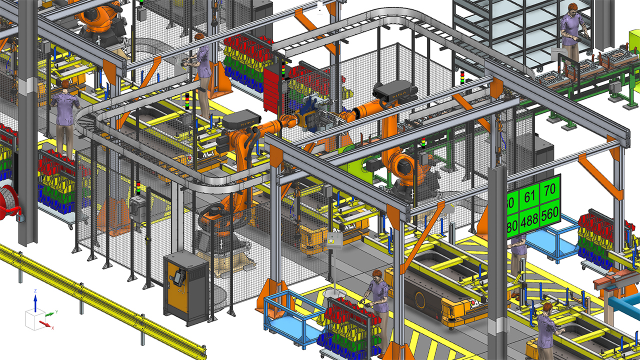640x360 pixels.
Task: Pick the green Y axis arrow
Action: [50, 313]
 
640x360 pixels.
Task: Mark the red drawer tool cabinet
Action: [273, 90]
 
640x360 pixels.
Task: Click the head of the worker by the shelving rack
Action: [570, 8]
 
